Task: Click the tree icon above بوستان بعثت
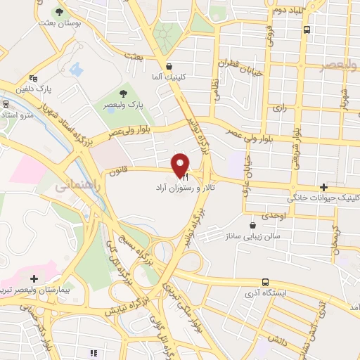(59, 13)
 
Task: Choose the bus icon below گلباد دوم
(307, 30)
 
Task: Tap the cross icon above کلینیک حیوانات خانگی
(323, 187)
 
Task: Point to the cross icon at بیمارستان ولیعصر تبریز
(34, 279)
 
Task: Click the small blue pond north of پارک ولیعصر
(77, 70)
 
